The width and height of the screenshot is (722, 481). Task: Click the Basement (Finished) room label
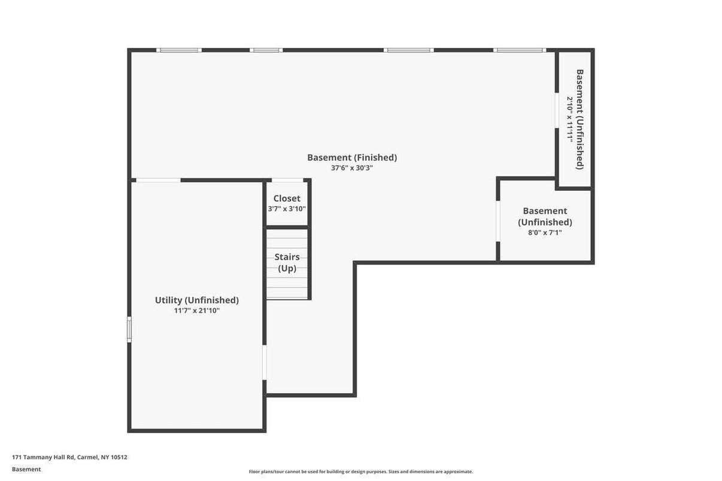point(352,157)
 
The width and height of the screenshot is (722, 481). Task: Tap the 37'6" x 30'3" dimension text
point(352,168)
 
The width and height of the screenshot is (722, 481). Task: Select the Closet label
point(287,198)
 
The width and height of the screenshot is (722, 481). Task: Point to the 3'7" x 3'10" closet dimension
point(287,209)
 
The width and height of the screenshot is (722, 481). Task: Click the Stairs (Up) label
point(287,263)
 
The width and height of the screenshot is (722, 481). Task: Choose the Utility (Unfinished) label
point(197,300)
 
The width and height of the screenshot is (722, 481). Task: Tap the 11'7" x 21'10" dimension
point(197,310)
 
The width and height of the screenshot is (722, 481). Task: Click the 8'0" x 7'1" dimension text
point(545,232)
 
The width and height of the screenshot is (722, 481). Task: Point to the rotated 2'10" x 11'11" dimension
point(569,119)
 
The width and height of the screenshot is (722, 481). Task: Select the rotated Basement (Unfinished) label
point(580,119)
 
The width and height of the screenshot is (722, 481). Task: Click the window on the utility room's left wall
point(129,329)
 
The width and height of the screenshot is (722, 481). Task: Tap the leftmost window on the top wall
point(179,50)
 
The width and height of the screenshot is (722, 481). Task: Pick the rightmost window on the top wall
point(520,50)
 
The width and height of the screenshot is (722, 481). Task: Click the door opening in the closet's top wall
point(287,180)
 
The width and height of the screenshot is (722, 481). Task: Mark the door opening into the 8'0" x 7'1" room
point(498,221)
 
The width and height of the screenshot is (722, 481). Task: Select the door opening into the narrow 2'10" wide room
point(557,110)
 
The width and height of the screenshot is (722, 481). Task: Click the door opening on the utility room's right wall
point(265,363)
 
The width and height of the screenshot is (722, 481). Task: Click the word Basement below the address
point(26,470)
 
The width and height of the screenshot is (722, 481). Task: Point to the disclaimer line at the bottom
point(360,471)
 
